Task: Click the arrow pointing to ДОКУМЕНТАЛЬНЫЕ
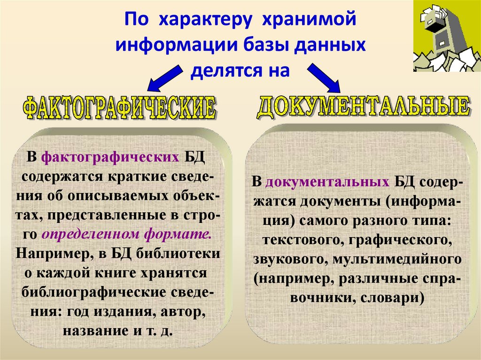pos(325,77)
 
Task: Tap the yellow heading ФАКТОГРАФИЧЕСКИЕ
pos(119,108)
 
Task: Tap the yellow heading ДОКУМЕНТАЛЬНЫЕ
pos(363,107)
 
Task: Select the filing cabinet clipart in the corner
pos(446,36)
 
